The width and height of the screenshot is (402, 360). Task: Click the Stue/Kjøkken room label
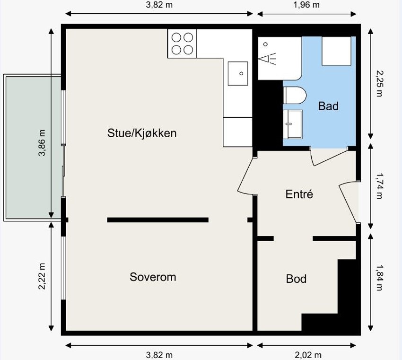pyautogui.click(x=142, y=133)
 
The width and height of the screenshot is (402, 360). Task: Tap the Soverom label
pyautogui.click(x=153, y=277)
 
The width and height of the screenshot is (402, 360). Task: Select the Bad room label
pyautogui.click(x=328, y=106)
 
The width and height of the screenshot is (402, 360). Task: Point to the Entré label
pyautogui.click(x=299, y=194)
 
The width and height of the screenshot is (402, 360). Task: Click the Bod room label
pyautogui.click(x=296, y=279)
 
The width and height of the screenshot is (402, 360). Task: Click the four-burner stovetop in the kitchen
pyautogui.click(x=182, y=44)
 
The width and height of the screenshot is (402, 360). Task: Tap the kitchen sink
pyautogui.click(x=238, y=74)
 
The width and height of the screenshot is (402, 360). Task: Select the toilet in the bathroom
pyautogui.click(x=295, y=96)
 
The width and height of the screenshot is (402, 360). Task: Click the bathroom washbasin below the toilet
pyautogui.click(x=293, y=124)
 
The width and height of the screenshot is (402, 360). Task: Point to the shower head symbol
pyautogui.click(x=267, y=59)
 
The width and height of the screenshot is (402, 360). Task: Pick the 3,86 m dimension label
pyautogui.click(x=42, y=143)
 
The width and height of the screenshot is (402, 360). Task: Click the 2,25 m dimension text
pyautogui.click(x=379, y=83)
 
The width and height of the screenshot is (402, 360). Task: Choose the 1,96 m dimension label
pyautogui.click(x=306, y=5)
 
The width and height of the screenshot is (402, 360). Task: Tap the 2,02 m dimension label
pyautogui.click(x=308, y=355)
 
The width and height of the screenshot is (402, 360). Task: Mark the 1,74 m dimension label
pyautogui.click(x=379, y=186)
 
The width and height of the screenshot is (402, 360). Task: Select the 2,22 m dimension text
pyautogui.click(x=42, y=276)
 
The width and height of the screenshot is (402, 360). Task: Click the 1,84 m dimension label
pyautogui.click(x=379, y=278)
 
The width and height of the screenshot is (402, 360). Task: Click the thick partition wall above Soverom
pyautogui.click(x=157, y=220)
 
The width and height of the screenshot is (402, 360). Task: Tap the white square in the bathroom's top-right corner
pyautogui.click(x=336, y=51)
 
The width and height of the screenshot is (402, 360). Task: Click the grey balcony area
pyautogui.click(x=33, y=148)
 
